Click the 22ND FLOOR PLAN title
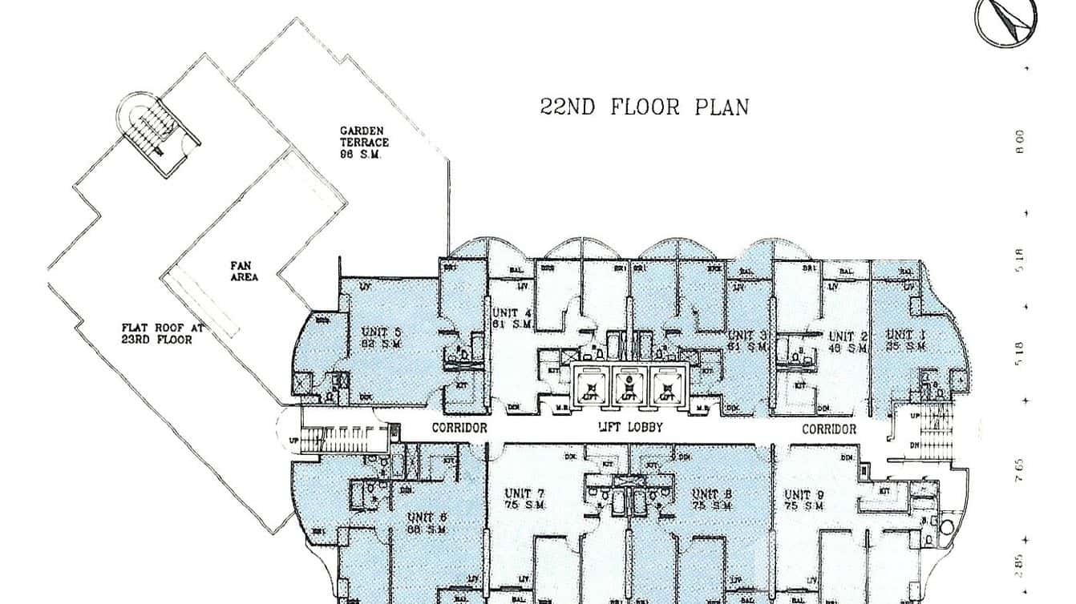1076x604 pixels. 645,107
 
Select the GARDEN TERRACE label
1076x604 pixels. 364,142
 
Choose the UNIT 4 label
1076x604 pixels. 511,318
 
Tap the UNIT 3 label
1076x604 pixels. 746,340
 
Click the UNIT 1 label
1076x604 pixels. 905,340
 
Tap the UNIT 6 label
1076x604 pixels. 427,522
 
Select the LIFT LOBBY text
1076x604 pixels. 631,428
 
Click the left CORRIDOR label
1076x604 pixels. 459,428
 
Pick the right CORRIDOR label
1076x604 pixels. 829,429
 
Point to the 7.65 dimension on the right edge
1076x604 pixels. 1019,469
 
